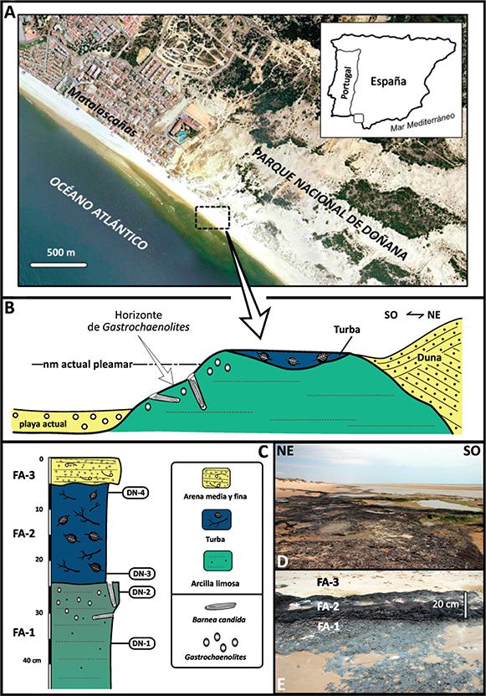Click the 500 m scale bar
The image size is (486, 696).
click(59, 265)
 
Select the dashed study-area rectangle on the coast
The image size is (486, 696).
click(212, 217)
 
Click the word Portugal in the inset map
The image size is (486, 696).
click(347, 82)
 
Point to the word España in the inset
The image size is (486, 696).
click(388, 81)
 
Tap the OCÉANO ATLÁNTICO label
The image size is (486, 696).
click(99, 213)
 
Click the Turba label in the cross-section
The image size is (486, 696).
click(347, 330)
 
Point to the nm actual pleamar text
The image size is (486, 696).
click(82, 365)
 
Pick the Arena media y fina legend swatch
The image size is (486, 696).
click(215, 478)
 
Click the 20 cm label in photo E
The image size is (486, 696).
click(446, 604)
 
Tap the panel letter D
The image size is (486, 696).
click(283, 561)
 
